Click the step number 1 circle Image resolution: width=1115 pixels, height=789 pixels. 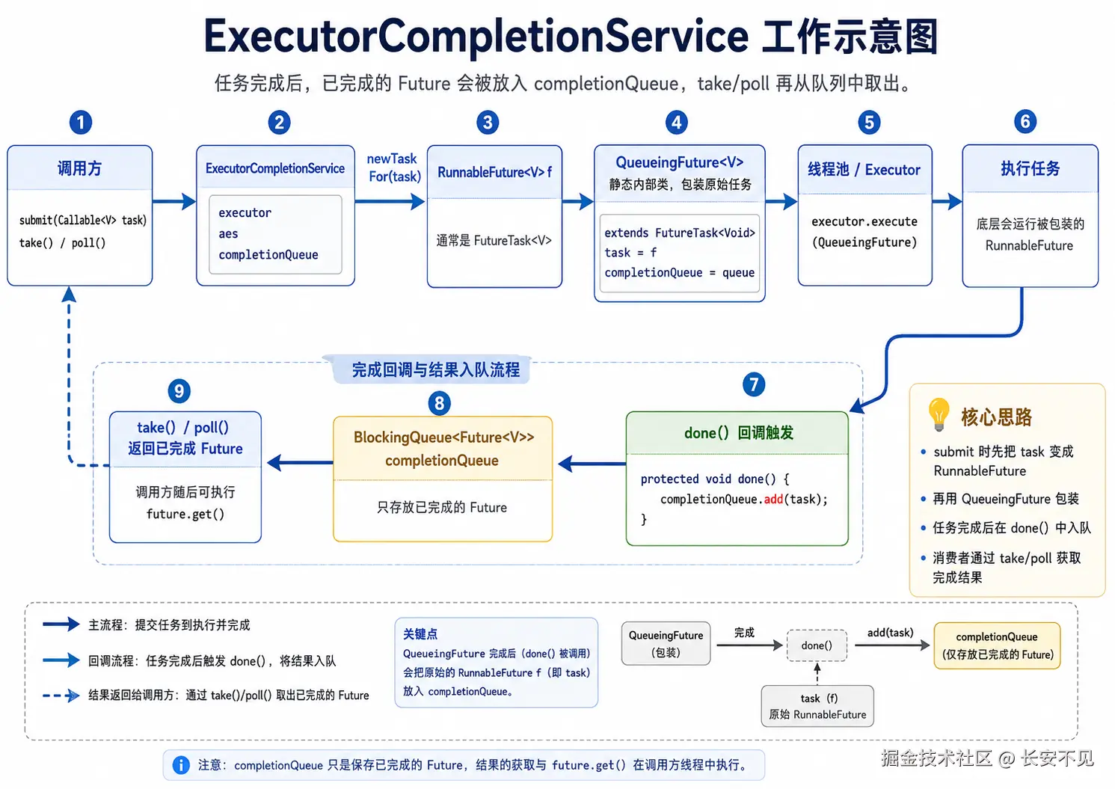[81, 123]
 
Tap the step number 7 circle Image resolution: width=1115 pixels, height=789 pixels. [754, 385]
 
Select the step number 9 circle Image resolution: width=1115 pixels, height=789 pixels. [179, 391]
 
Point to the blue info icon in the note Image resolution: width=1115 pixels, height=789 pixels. [181, 765]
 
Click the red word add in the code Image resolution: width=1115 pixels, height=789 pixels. [773, 500]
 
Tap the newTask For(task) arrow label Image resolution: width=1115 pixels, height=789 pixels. [394, 168]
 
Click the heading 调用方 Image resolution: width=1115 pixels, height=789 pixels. [79, 169]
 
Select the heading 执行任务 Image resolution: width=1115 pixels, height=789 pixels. [1030, 169]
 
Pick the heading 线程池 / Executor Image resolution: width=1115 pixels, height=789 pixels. [864, 170]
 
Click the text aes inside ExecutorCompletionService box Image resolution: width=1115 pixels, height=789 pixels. [229, 234]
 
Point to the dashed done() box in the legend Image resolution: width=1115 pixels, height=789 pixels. [817, 645]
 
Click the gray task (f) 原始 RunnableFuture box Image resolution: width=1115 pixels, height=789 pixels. [817, 707]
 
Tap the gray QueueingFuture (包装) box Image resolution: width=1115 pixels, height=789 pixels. [666, 644]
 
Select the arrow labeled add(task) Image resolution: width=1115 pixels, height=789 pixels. [892, 645]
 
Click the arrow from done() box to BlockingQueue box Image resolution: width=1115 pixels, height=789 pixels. [592, 464]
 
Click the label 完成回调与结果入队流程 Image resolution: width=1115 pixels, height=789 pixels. [435, 370]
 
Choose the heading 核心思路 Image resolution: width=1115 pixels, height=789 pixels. [997, 417]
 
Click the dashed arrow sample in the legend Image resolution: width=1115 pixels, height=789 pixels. [61, 696]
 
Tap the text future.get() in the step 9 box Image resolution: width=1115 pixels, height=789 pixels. [185, 515]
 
